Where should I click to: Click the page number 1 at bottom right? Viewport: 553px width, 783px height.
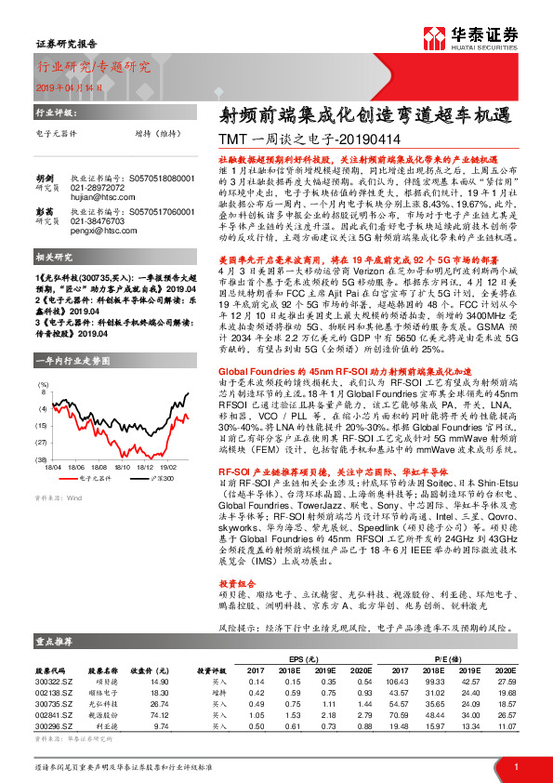(x=515, y=767)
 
